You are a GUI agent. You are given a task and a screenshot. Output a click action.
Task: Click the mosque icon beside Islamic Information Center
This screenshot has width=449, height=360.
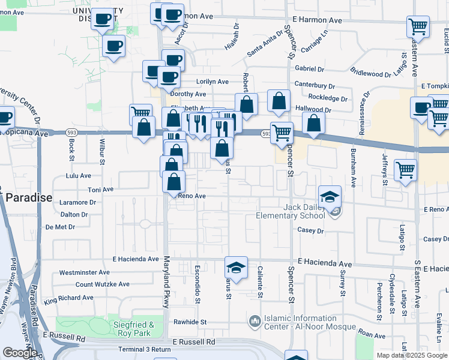point(255,322)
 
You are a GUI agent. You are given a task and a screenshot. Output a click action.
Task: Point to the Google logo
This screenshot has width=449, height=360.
point(19,352)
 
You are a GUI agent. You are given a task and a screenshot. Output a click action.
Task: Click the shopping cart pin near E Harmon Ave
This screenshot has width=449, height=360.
point(418,26)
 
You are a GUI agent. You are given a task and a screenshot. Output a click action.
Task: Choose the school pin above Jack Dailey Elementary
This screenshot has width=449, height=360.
point(329,196)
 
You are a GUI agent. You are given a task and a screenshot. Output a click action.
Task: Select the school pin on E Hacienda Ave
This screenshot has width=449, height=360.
point(237,268)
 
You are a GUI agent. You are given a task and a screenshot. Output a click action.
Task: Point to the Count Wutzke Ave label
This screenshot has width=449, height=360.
point(103,284)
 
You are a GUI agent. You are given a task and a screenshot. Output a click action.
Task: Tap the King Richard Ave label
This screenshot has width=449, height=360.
point(68,298)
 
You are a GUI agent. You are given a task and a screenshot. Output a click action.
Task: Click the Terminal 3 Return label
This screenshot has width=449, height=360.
point(145,349)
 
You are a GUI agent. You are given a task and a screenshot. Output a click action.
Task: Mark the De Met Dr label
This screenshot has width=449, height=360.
point(60,227)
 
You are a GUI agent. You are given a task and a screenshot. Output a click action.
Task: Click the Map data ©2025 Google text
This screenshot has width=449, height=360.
point(412,355)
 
